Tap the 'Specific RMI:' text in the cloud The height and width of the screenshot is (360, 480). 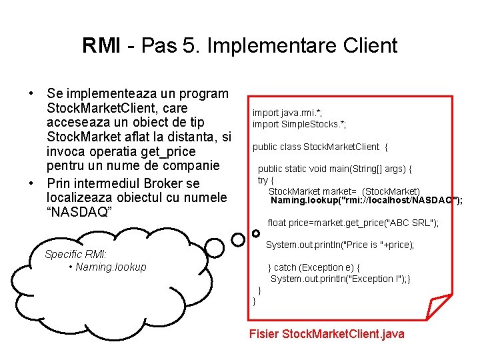(75, 254)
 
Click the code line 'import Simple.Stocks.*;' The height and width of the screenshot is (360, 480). (299, 124)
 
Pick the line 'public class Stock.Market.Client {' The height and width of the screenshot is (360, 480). (319, 147)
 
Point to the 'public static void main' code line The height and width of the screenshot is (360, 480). (335, 169)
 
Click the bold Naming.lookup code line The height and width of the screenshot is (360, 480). (365, 200)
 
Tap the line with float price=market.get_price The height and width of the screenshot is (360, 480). (353, 223)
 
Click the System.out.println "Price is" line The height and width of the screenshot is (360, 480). (340, 245)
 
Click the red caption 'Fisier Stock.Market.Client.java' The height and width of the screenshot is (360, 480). (326, 333)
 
